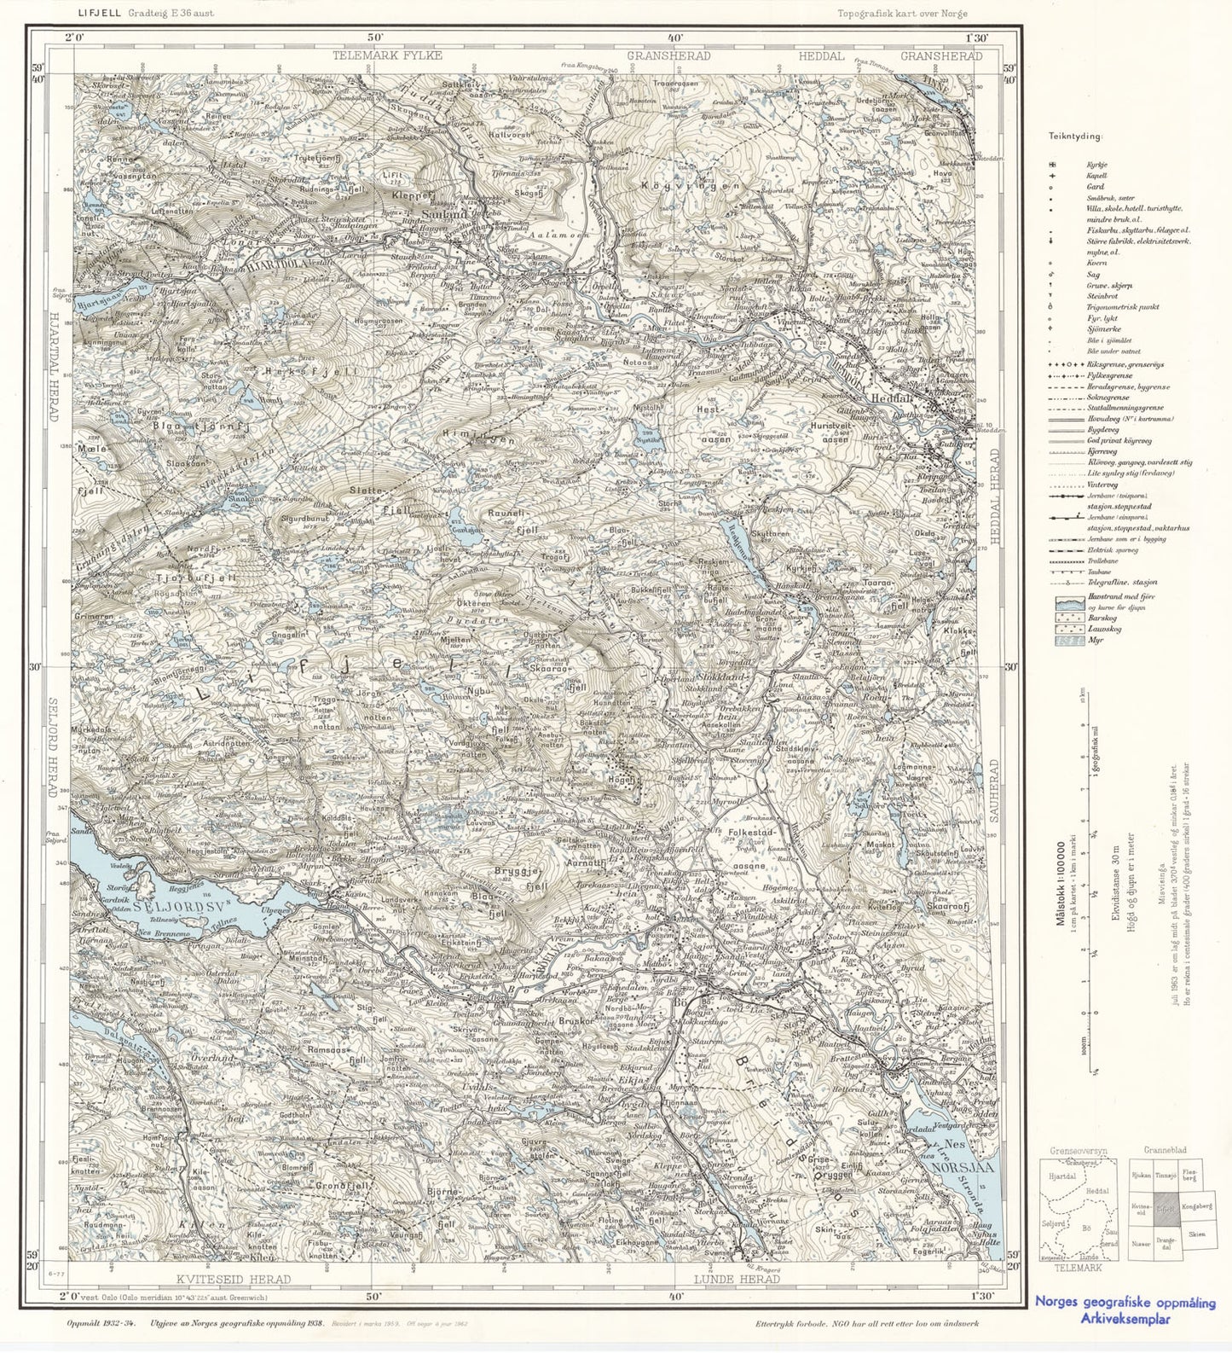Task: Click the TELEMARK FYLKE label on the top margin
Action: point(388,55)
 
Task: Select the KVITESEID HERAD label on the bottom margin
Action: point(234,1279)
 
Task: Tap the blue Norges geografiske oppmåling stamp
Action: point(1125,1309)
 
